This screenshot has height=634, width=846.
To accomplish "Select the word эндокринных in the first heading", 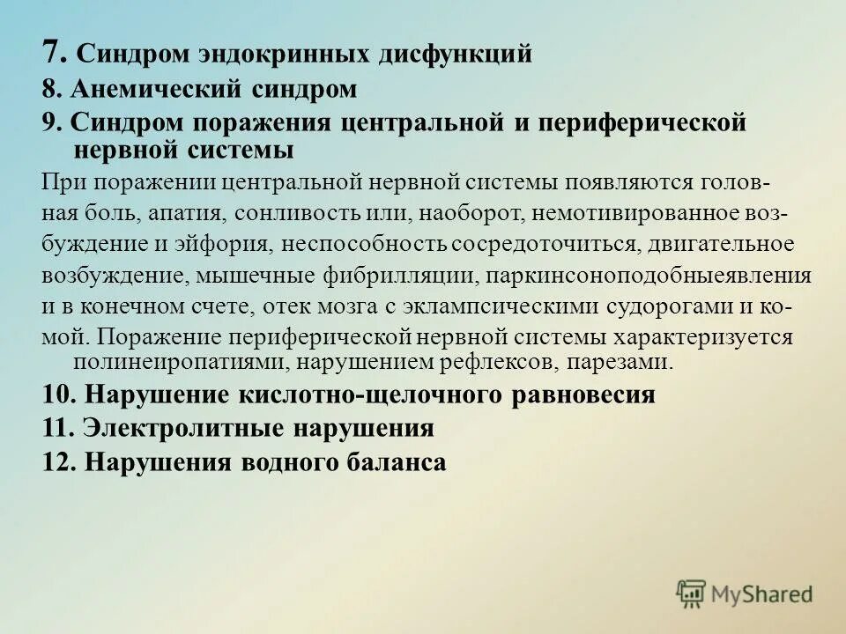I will click(x=292, y=55).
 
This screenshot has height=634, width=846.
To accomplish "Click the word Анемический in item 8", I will click(x=150, y=89).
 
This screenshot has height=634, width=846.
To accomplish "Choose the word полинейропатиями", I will click(x=160, y=361).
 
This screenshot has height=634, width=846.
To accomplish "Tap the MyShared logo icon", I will click(x=691, y=593).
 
